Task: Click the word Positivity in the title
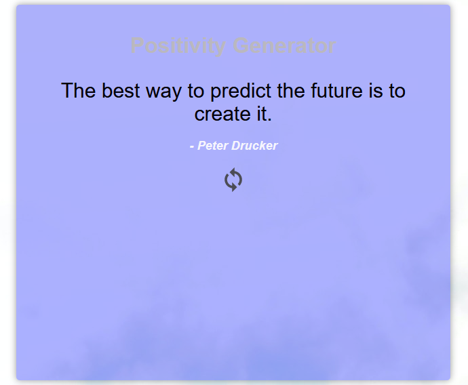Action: pos(178,46)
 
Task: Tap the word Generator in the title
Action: pos(284,46)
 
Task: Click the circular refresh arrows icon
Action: pos(233,180)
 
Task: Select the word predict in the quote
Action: pos(241,92)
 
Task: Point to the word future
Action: pos(336,91)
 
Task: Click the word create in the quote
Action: pos(222,115)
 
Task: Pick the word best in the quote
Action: pos(121,91)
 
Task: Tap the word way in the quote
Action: pos(163,92)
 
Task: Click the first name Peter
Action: pos(213,146)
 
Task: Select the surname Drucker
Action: pos(254,146)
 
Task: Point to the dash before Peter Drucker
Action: pos(192,146)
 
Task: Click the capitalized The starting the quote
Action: pos(79,91)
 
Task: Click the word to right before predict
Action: pos(196,92)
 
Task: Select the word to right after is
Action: pos(397,92)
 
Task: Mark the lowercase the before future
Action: pos(291,91)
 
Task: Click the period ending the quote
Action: pos(269,119)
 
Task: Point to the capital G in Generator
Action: pos(241,46)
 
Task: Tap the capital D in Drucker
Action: pos(236,146)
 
